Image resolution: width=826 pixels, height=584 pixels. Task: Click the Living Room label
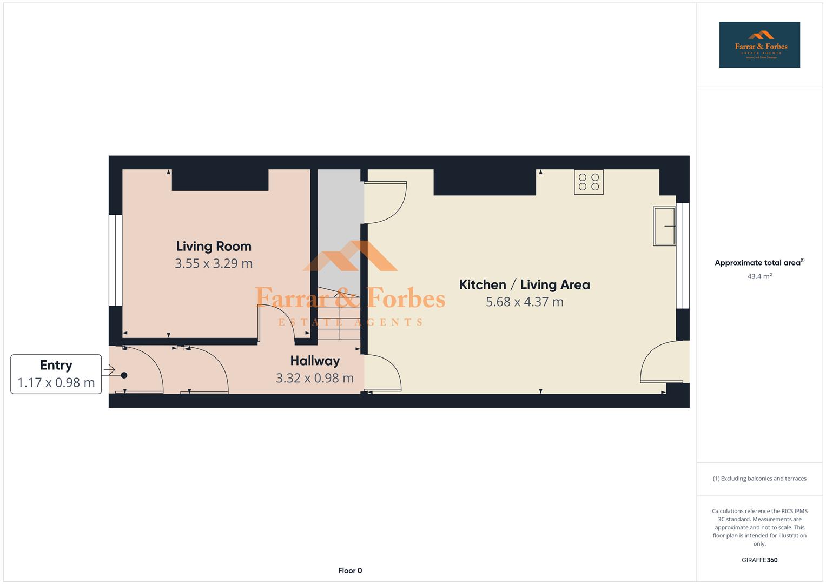(214, 247)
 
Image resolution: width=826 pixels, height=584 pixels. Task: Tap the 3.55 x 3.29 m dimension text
(214, 264)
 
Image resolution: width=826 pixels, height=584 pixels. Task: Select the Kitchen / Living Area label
(524, 285)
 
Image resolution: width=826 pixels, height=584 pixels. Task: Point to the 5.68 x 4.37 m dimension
(524, 302)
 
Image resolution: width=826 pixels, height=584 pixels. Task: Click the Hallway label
(315, 361)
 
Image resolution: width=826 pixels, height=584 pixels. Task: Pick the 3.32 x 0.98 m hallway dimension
(315, 378)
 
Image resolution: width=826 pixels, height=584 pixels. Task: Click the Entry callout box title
(56, 366)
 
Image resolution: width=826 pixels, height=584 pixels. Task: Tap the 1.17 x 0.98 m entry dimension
(56, 383)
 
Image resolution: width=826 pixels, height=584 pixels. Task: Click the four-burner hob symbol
(589, 182)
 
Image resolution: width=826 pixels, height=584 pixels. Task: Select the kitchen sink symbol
(664, 226)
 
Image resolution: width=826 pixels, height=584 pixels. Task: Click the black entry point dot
(124, 375)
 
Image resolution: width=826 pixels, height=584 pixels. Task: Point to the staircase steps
(338, 314)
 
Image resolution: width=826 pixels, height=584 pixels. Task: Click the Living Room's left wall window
(115, 261)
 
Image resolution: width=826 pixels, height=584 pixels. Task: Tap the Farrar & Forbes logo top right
(759, 45)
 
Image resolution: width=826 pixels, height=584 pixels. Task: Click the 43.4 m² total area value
(759, 276)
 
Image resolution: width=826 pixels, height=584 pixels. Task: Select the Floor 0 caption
(350, 570)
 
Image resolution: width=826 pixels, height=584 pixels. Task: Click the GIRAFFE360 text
(759, 560)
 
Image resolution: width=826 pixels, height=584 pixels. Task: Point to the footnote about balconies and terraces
(759, 479)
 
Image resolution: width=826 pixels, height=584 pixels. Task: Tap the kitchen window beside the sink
(683, 255)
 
